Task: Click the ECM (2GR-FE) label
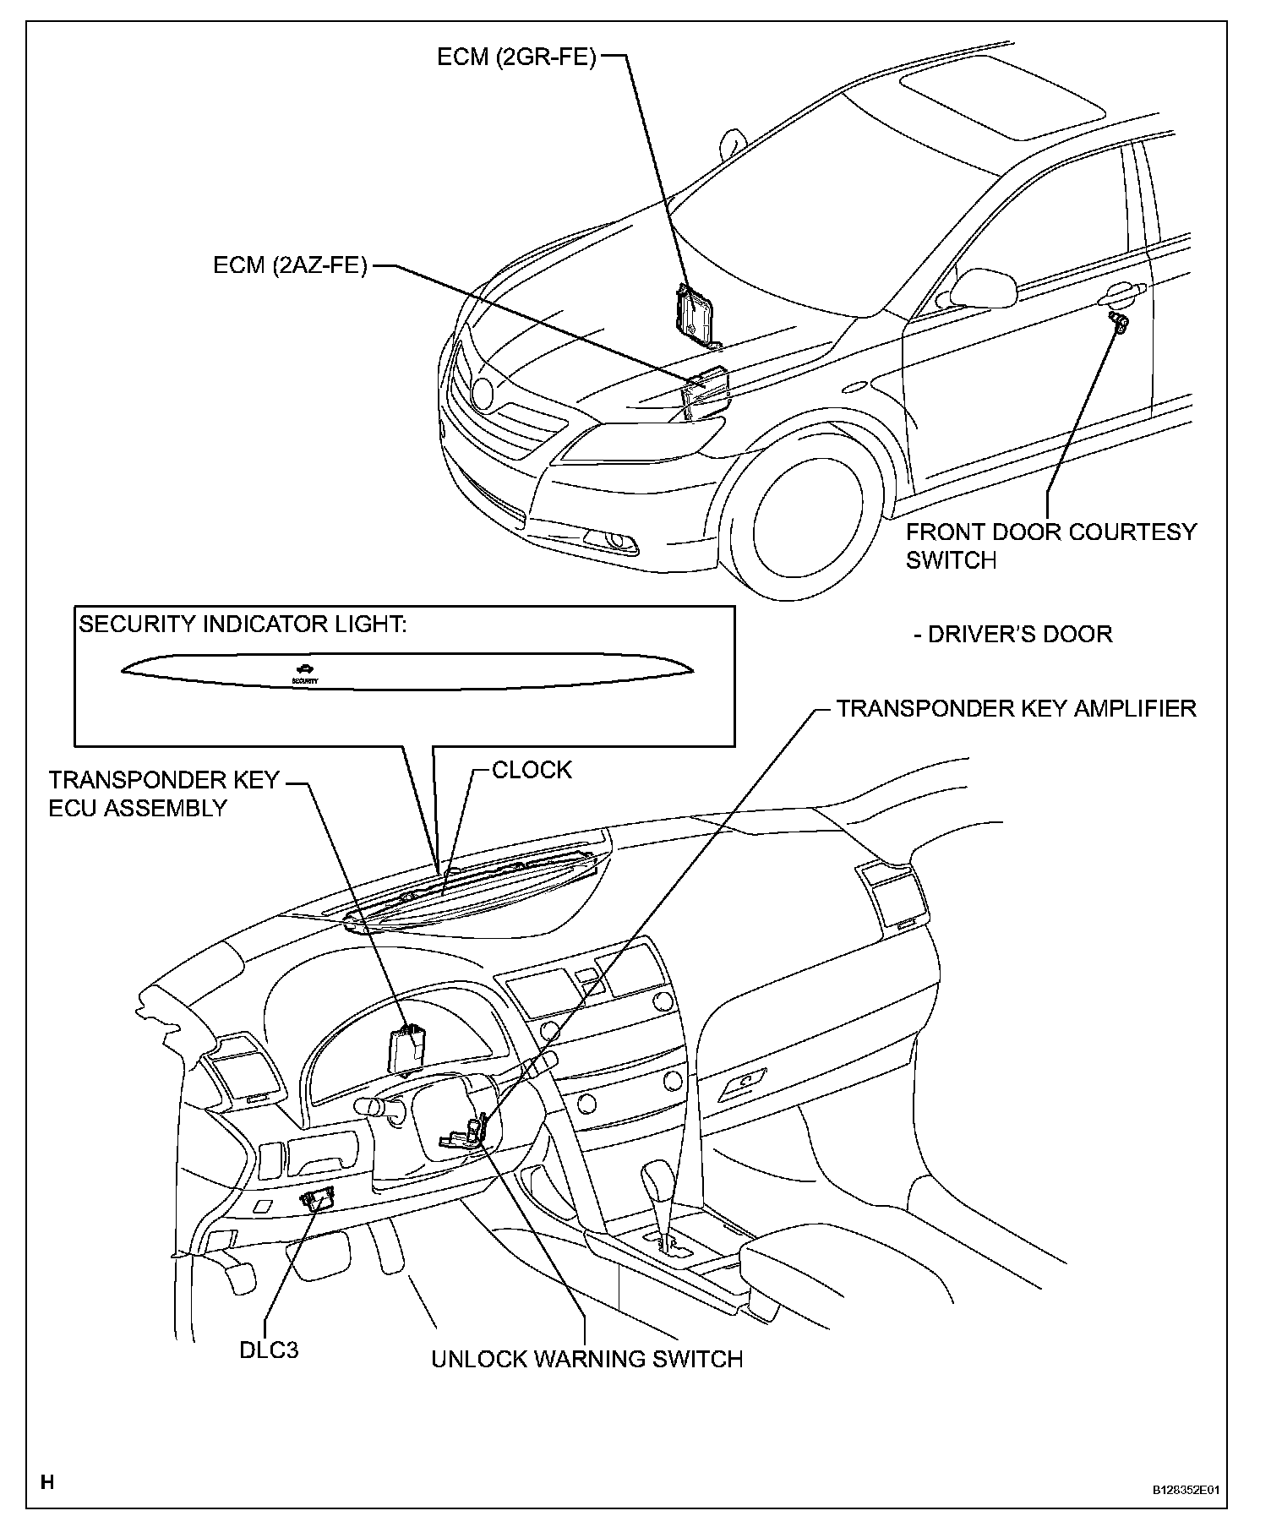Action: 516,57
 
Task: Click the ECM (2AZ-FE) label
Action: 290,266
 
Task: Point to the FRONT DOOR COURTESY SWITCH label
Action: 1050,545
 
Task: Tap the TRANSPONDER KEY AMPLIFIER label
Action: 1016,708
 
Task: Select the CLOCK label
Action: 532,770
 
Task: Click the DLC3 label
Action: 269,1350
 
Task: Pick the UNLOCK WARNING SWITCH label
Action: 586,1359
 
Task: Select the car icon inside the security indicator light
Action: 305,668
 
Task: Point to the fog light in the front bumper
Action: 619,541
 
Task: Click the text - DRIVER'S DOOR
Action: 1013,634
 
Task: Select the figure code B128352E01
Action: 1187,1514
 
